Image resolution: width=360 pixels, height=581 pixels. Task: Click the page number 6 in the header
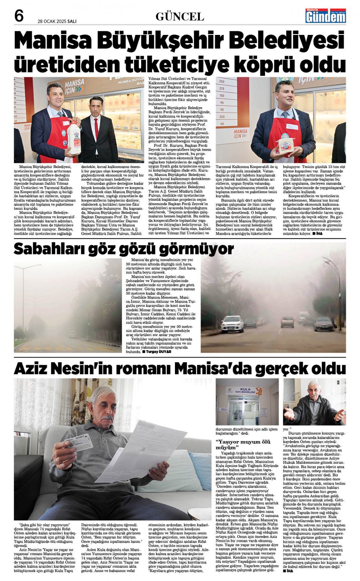click(19, 16)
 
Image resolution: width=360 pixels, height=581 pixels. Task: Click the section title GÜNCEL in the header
click(180, 17)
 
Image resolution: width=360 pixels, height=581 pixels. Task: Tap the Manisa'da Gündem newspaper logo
click(325, 16)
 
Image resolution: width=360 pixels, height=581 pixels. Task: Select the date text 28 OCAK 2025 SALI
click(57, 21)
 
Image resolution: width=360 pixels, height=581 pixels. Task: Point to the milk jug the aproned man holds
click(74, 137)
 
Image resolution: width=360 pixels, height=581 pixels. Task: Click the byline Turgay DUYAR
click(158, 351)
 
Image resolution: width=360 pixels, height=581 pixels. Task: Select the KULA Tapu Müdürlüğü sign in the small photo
click(244, 391)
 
